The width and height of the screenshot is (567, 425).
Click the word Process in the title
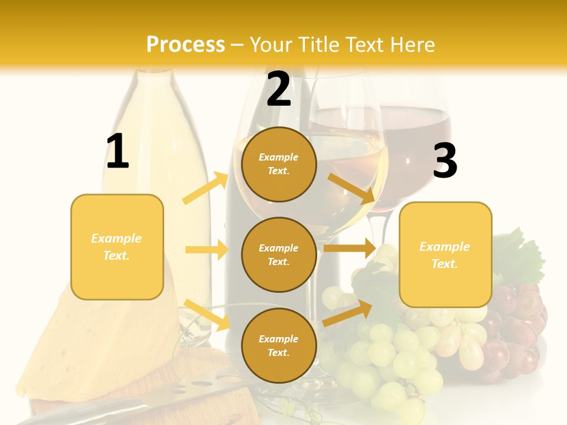click(185, 44)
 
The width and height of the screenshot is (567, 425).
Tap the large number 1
click(118, 151)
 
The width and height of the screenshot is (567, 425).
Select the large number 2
click(279, 89)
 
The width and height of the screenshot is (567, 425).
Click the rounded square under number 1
click(117, 247)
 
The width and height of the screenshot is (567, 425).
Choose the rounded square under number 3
click(445, 254)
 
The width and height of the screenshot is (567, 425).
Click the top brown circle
click(279, 164)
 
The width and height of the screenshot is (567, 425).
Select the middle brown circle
click(279, 254)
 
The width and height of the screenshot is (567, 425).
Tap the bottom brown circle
click(279, 345)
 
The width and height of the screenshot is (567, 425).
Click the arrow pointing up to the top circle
click(205, 188)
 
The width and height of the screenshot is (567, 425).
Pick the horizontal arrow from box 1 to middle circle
click(207, 250)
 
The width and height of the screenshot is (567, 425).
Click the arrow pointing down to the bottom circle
click(207, 314)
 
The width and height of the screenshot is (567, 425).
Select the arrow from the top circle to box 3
click(352, 188)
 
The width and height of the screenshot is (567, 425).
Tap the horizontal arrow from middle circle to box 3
click(349, 248)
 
